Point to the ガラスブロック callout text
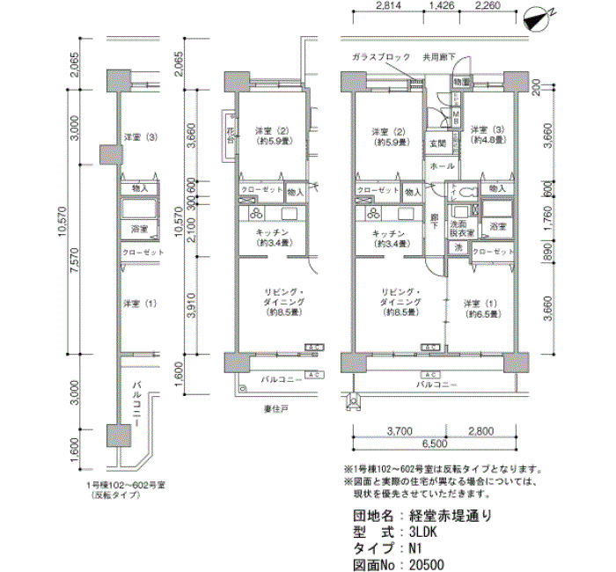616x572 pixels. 381,57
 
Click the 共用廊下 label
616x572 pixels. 437,57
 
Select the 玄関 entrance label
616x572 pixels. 437,143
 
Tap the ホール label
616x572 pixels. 442,166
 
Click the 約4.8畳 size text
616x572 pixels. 486,139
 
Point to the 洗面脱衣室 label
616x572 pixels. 464,227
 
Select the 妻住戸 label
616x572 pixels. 276,407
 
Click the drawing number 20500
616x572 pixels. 426,565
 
